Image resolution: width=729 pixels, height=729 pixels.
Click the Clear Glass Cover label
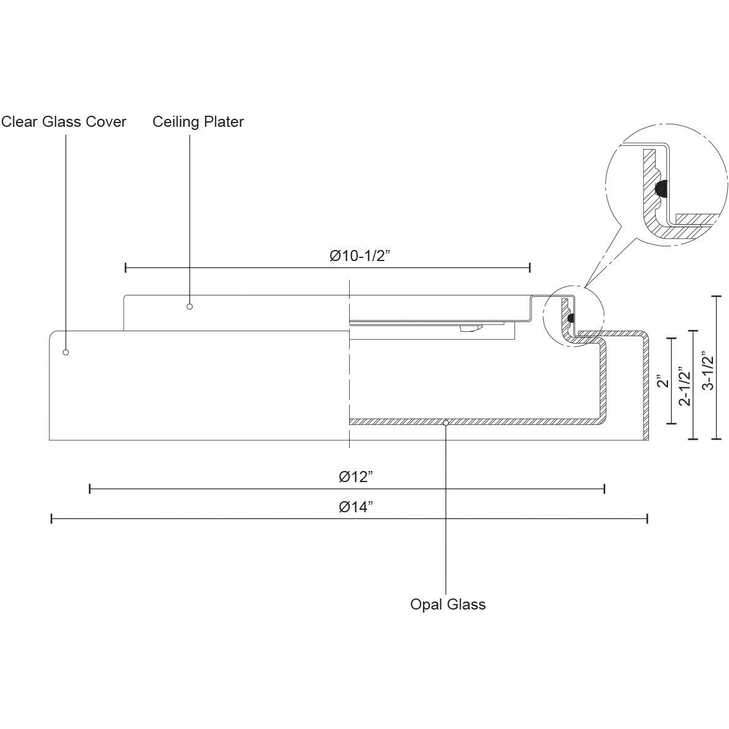coord(64,122)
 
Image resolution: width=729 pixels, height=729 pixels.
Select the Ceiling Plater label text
coord(198,122)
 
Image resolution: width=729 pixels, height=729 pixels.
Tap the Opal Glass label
coord(448,605)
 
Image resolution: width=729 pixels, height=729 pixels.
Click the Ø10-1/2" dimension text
coord(361,256)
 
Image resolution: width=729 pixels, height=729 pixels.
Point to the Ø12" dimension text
coord(356,477)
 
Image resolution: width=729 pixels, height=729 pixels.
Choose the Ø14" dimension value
coord(356,507)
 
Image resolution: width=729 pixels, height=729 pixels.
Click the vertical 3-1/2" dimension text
coord(707,373)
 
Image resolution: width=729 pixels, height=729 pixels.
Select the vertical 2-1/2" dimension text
coord(684,387)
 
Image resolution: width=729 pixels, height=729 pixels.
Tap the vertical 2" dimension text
coord(663,382)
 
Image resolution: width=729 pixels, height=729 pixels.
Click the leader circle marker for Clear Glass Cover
coord(66,352)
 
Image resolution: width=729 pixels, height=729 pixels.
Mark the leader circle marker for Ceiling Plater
coord(190,307)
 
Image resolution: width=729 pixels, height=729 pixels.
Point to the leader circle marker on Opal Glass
coord(445,422)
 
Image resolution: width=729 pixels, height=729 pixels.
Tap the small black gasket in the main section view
coord(571,318)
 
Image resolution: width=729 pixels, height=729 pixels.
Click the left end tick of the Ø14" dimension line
coord(51,519)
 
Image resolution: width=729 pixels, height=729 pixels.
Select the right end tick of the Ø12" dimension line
coord(605,489)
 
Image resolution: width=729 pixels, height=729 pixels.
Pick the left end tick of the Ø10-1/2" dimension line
coord(126,267)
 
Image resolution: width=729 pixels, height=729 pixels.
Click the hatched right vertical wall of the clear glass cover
coord(646,388)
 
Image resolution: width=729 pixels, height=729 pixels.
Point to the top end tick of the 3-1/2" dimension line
coord(716,297)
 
